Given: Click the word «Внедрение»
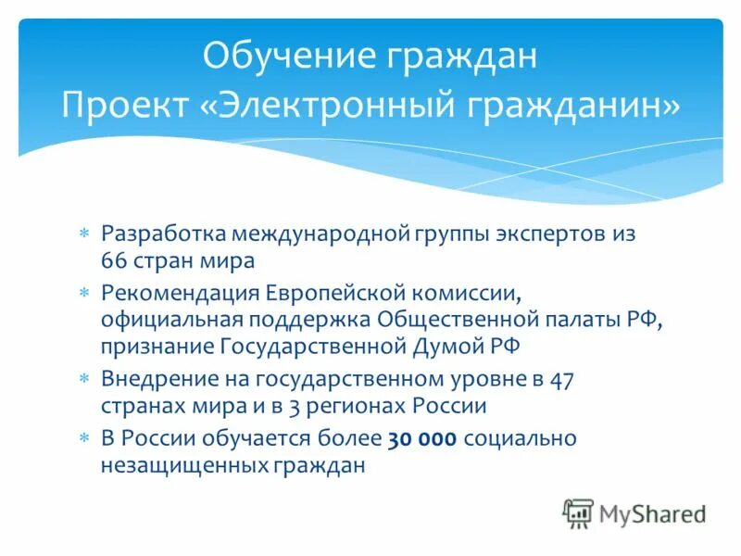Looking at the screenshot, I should [x=157, y=378].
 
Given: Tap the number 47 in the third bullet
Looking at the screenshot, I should [x=561, y=378].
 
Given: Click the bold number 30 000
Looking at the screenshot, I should [x=422, y=438].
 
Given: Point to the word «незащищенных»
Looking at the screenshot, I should [x=183, y=465].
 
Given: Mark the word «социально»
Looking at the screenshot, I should [x=521, y=438].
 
